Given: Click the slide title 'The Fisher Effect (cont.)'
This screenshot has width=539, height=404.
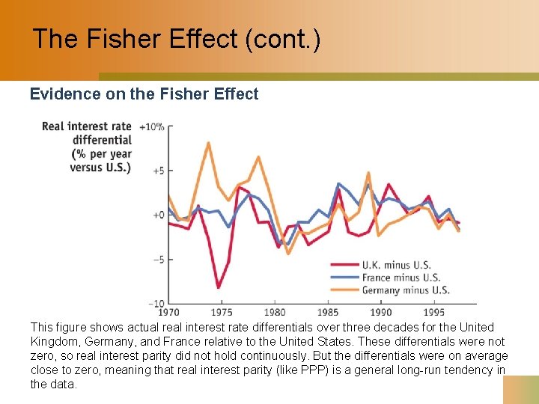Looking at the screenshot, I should (x=177, y=39).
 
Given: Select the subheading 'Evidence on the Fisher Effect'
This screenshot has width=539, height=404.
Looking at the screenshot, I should (x=144, y=94).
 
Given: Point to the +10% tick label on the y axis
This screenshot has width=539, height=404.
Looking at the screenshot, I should (x=152, y=126).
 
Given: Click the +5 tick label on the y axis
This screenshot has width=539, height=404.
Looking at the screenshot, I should (x=157, y=171).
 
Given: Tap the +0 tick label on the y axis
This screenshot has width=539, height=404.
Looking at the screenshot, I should (x=157, y=215).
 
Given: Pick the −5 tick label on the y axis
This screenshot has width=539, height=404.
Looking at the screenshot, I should (x=157, y=260).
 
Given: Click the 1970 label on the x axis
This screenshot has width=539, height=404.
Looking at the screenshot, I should (x=168, y=312).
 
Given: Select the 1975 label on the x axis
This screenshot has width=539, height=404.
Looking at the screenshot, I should (x=222, y=312).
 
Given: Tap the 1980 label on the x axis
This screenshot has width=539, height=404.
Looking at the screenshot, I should (x=275, y=312).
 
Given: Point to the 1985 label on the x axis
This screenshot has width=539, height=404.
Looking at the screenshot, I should (x=328, y=312).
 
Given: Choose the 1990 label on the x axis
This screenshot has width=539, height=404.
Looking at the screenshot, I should (x=381, y=312).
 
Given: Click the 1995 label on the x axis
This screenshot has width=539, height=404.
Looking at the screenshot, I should (x=434, y=312).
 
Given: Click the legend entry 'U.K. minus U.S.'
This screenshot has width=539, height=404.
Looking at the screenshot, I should (x=396, y=265).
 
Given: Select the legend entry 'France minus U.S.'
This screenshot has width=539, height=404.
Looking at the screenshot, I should (x=401, y=278).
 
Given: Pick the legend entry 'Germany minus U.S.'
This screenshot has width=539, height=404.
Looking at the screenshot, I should (x=405, y=290).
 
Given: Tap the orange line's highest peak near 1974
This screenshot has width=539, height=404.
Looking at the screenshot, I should (x=208, y=142).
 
